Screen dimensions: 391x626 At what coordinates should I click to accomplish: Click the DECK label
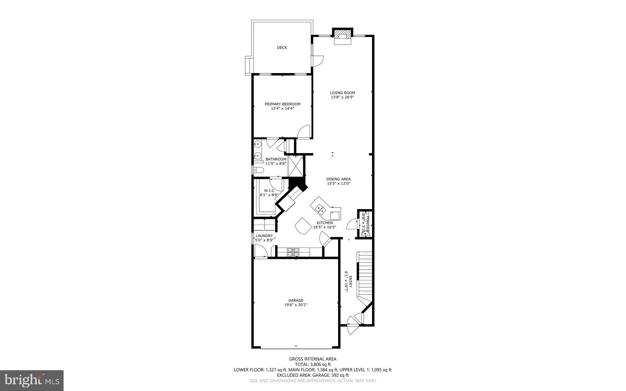pyautogui.click(x=282, y=48)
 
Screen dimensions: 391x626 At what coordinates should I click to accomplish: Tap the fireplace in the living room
pyautogui.click(x=342, y=37)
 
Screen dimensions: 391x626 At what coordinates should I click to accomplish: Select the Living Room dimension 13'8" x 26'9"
pyautogui.click(x=342, y=97)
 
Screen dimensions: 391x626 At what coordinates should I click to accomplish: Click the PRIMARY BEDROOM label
pyautogui.click(x=282, y=104)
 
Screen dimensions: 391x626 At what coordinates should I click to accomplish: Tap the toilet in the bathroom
pyautogui.click(x=258, y=170)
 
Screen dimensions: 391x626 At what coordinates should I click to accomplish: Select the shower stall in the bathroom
pyautogui.click(x=296, y=166)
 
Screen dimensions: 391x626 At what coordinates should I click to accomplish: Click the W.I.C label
pyautogui.click(x=269, y=190)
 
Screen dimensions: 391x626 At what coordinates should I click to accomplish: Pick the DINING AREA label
pyautogui.click(x=338, y=179)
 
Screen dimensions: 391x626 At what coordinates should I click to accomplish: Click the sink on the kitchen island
pyautogui.click(x=320, y=209)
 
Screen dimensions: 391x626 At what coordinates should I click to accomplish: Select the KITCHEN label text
pyautogui.click(x=324, y=223)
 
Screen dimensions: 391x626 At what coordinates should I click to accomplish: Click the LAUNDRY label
pyautogui.click(x=264, y=236)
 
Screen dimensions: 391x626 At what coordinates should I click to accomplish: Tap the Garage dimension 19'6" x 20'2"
pyautogui.click(x=296, y=304)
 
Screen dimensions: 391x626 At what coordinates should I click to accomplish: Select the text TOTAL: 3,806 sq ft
pyautogui.click(x=313, y=364)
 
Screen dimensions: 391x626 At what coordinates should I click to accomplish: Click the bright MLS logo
pyautogui.click(x=32, y=380)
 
